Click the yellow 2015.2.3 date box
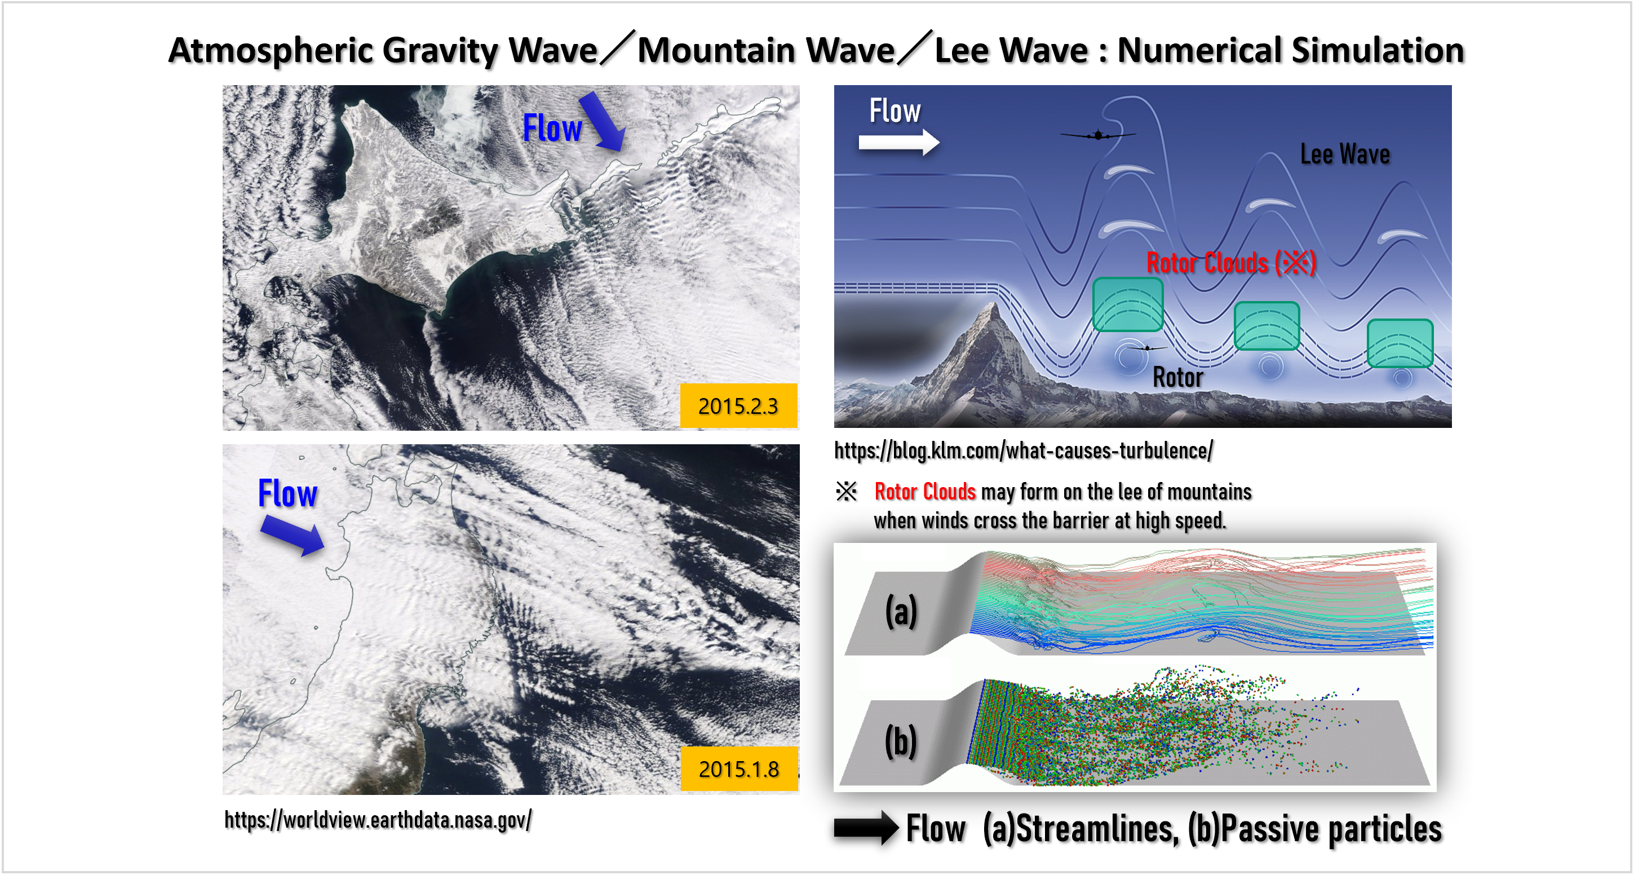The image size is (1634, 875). (x=738, y=405)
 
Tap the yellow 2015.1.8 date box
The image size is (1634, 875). (x=739, y=768)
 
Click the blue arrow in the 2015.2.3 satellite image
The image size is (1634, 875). (x=603, y=121)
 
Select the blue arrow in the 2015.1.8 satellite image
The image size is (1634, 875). (x=293, y=535)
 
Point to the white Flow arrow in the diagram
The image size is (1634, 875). (x=899, y=143)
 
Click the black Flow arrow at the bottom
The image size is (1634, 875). (x=866, y=828)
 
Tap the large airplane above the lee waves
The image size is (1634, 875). (x=1098, y=135)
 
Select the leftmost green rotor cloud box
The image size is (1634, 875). (x=1128, y=304)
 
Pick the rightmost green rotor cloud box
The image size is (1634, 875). (x=1400, y=343)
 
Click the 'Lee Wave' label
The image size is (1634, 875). (x=1345, y=154)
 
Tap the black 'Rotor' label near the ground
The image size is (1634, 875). (x=1177, y=378)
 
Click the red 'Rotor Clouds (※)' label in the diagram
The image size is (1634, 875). (x=1231, y=263)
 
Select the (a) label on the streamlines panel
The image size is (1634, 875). (x=901, y=611)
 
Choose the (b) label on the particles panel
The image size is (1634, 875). (x=901, y=741)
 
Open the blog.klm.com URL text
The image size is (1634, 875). (x=1023, y=450)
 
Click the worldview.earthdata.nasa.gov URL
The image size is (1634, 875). (x=378, y=820)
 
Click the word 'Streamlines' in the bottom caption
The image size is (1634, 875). (x=1097, y=829)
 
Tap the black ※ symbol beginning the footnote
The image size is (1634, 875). (x=846, y=491)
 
